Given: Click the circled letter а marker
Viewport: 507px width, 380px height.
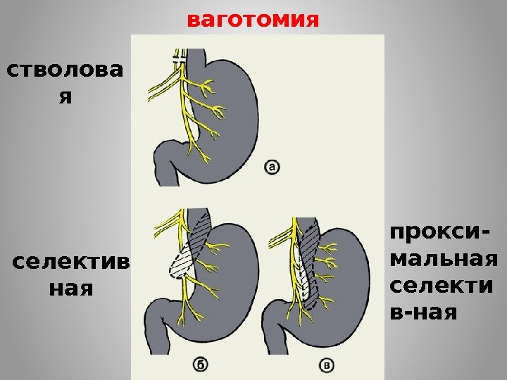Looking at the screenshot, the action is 273,167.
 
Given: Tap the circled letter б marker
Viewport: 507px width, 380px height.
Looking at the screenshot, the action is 199,364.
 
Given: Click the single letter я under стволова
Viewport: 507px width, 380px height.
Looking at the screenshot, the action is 65,97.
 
